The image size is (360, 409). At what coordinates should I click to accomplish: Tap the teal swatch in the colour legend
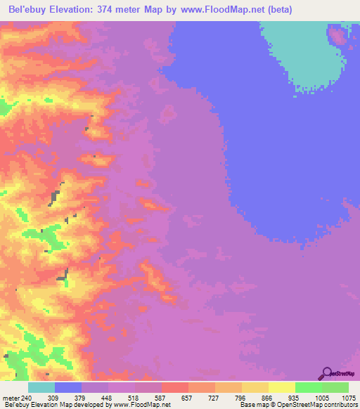click(x=41, y=388)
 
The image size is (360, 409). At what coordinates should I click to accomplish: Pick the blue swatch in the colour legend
click(x=68, y=388)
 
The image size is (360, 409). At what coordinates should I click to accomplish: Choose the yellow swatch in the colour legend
click(x=282, y=388)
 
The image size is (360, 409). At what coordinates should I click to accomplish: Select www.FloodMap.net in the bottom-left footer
click(x=139, y=404)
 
